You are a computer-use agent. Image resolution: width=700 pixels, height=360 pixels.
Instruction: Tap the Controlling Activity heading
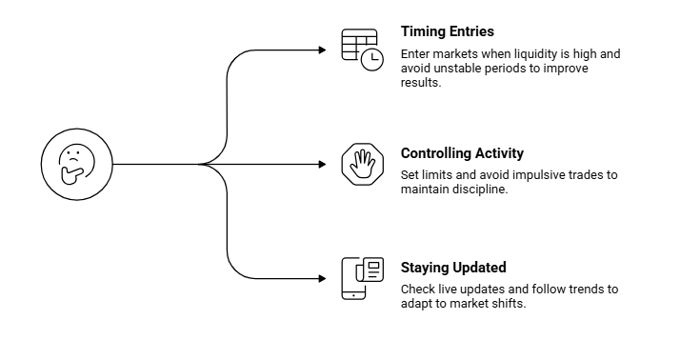[x=462, y=152]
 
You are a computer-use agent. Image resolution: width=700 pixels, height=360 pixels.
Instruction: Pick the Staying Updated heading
[x=453, y=268]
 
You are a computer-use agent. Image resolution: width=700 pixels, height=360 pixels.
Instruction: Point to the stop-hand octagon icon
[x=362, y=165]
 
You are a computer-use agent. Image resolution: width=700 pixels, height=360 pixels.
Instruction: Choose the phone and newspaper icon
[x=362, y=279]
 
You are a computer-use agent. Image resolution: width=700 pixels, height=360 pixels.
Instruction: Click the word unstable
[x=454, y=69]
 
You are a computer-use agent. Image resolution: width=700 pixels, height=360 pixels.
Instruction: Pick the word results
[x=420, y=83]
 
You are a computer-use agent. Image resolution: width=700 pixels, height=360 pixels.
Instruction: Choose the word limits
[x=439, y=174]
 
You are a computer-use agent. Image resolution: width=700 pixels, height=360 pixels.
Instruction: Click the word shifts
[x=508, y=303]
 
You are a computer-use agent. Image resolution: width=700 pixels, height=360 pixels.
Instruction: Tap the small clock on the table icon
[x=371, y=60]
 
